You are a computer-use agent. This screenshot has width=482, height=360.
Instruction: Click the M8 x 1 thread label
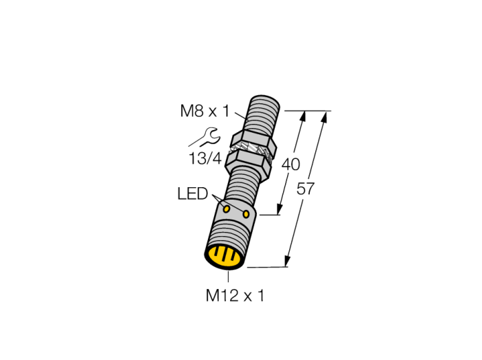(x=205, y=111)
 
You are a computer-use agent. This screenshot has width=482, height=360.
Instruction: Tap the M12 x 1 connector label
(x=235, y=296)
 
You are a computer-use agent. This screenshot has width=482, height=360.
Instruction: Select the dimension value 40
(x=291, y=165)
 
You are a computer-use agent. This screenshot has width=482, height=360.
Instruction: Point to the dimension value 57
(x=305, y=189)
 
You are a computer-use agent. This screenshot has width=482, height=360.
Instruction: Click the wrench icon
(x=211, y=136)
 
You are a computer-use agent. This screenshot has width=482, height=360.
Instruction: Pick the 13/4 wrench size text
(x=205, y=159)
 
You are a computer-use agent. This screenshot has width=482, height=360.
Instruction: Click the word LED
(x=193, y=194)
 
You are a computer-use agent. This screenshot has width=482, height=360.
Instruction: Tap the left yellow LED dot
(x=227, y=209)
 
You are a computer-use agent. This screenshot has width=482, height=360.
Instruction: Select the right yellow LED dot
(x=247, y=214)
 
